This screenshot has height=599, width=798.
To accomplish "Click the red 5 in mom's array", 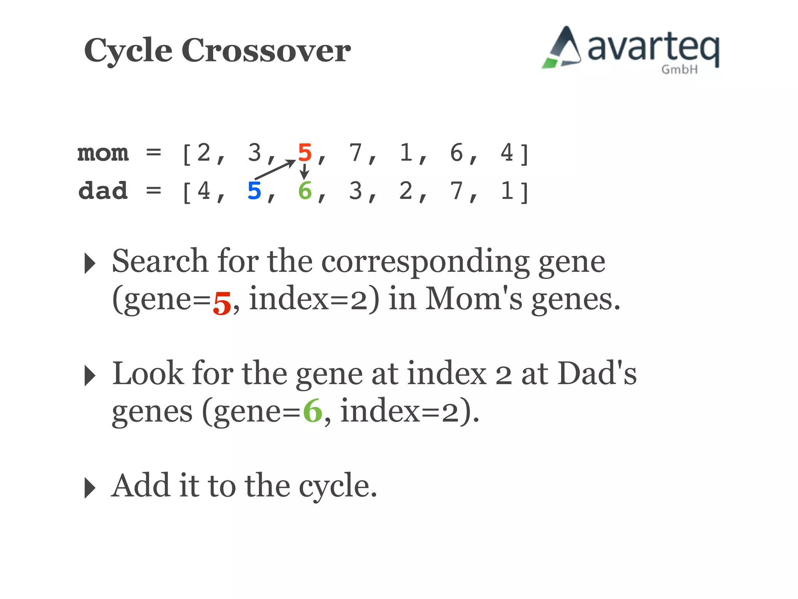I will tap(305, 152).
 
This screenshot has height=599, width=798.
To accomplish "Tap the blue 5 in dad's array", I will tap(254, 191).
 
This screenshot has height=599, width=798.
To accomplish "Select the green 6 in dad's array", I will tap(305, 191).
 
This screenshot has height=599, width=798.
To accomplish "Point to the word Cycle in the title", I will tap(128, 51).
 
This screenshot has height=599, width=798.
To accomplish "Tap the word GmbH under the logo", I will tap(679, 70).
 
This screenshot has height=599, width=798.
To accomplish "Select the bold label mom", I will tap(103, 152).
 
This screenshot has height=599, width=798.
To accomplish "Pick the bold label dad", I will tap(103, 191).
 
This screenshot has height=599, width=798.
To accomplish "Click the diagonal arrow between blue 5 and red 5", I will tap(275, 169).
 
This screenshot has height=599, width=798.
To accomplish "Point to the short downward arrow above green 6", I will tap(304, 172).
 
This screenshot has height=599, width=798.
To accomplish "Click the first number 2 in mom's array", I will tap(204, 152).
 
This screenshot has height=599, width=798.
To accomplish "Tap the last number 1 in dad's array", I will tap(507, 191).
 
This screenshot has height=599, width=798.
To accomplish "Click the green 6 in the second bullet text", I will tap(312, 411).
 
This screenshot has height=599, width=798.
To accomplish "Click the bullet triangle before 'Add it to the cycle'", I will tap(90, 487).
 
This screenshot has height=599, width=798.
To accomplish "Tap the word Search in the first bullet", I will tap(160, 261).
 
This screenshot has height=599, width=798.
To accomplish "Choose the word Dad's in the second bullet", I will tap(597, 374).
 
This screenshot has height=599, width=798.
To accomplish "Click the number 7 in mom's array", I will tap(355, 152).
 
